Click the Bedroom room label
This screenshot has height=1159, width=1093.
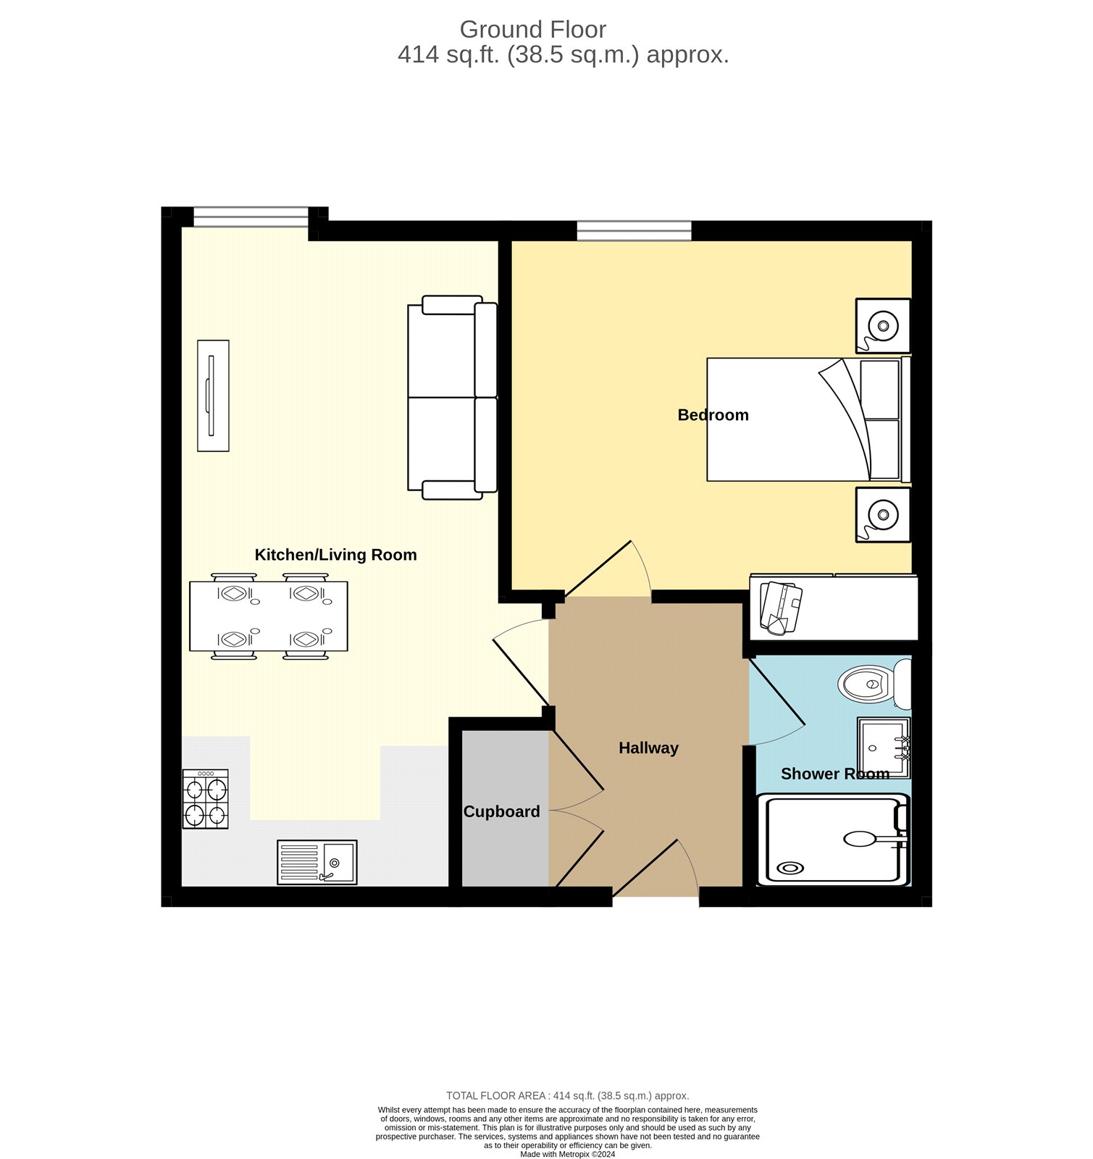click(x=713, y=415)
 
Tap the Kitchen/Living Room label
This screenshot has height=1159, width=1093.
click(x=335, y=555)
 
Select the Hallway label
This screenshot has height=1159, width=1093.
click(x=648, y=748)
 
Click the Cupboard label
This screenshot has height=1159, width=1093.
click(x=501, y=812)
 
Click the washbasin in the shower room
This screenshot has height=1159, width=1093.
click(x=883, y=748)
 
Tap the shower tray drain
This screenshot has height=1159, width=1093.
click(x=790, y=868)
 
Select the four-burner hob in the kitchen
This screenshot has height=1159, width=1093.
click(x=205, y=800)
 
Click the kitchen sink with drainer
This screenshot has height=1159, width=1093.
click(x=317, y=862)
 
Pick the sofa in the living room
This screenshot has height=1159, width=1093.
click(x=452, y=398)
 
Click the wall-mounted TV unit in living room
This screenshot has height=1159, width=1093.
click(x=213, y=396)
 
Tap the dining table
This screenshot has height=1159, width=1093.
click(x=268, y=616)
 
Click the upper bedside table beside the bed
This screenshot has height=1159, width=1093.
click(x=882, y=325)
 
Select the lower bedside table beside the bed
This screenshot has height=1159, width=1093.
click(x=882, y=514)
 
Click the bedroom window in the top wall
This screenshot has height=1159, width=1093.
click(x=634, y=230)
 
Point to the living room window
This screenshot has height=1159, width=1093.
click(x=251, y=216)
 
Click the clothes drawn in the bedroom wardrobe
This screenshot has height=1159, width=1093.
click(x=780, y=607)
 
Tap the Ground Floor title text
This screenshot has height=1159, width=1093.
click(x=532, y=30)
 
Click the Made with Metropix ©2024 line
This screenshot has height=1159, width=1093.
click(x=567, y=1154)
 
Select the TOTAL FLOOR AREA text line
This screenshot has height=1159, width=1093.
click(x=567, y=1096)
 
